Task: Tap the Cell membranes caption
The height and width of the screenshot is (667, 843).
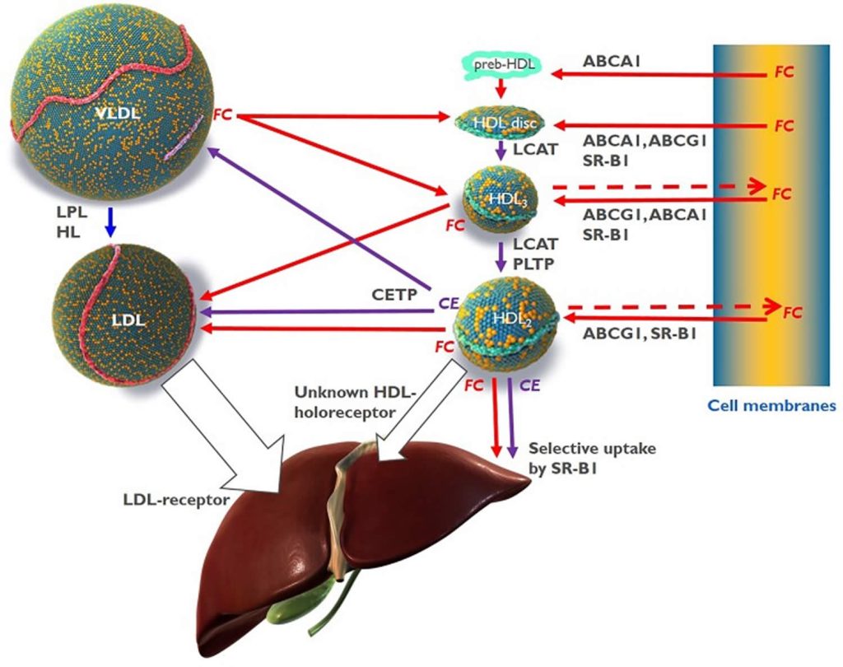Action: [x=771, y=406]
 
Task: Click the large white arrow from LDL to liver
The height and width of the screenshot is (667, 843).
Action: [x=226, y=436]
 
